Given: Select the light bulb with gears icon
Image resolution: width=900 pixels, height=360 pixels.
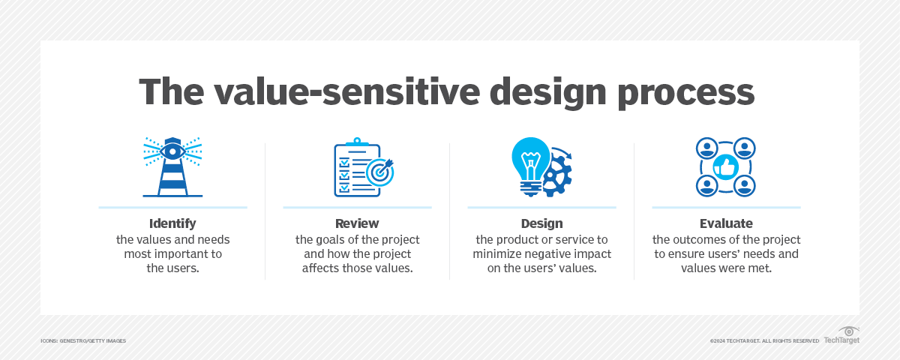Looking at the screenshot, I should pyautogui.click(x=541, y=166).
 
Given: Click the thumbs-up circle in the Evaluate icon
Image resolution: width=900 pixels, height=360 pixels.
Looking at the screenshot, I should pyautogui.click(x=725, y=166).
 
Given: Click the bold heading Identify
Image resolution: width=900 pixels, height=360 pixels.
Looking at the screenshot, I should pyautogui.click(x=172, y=223).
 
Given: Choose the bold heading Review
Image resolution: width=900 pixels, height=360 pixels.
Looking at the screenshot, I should pyautogui.click(x=357, y=223).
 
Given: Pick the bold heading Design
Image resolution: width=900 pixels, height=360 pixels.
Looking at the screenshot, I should pyautogui.click(x=541, y=223).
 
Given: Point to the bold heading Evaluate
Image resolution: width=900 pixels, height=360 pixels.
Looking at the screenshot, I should pyautogui.click(x=725, y=223).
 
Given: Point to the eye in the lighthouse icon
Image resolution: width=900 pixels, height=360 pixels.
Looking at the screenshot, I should pyautogui.click(x=172, y=151).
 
